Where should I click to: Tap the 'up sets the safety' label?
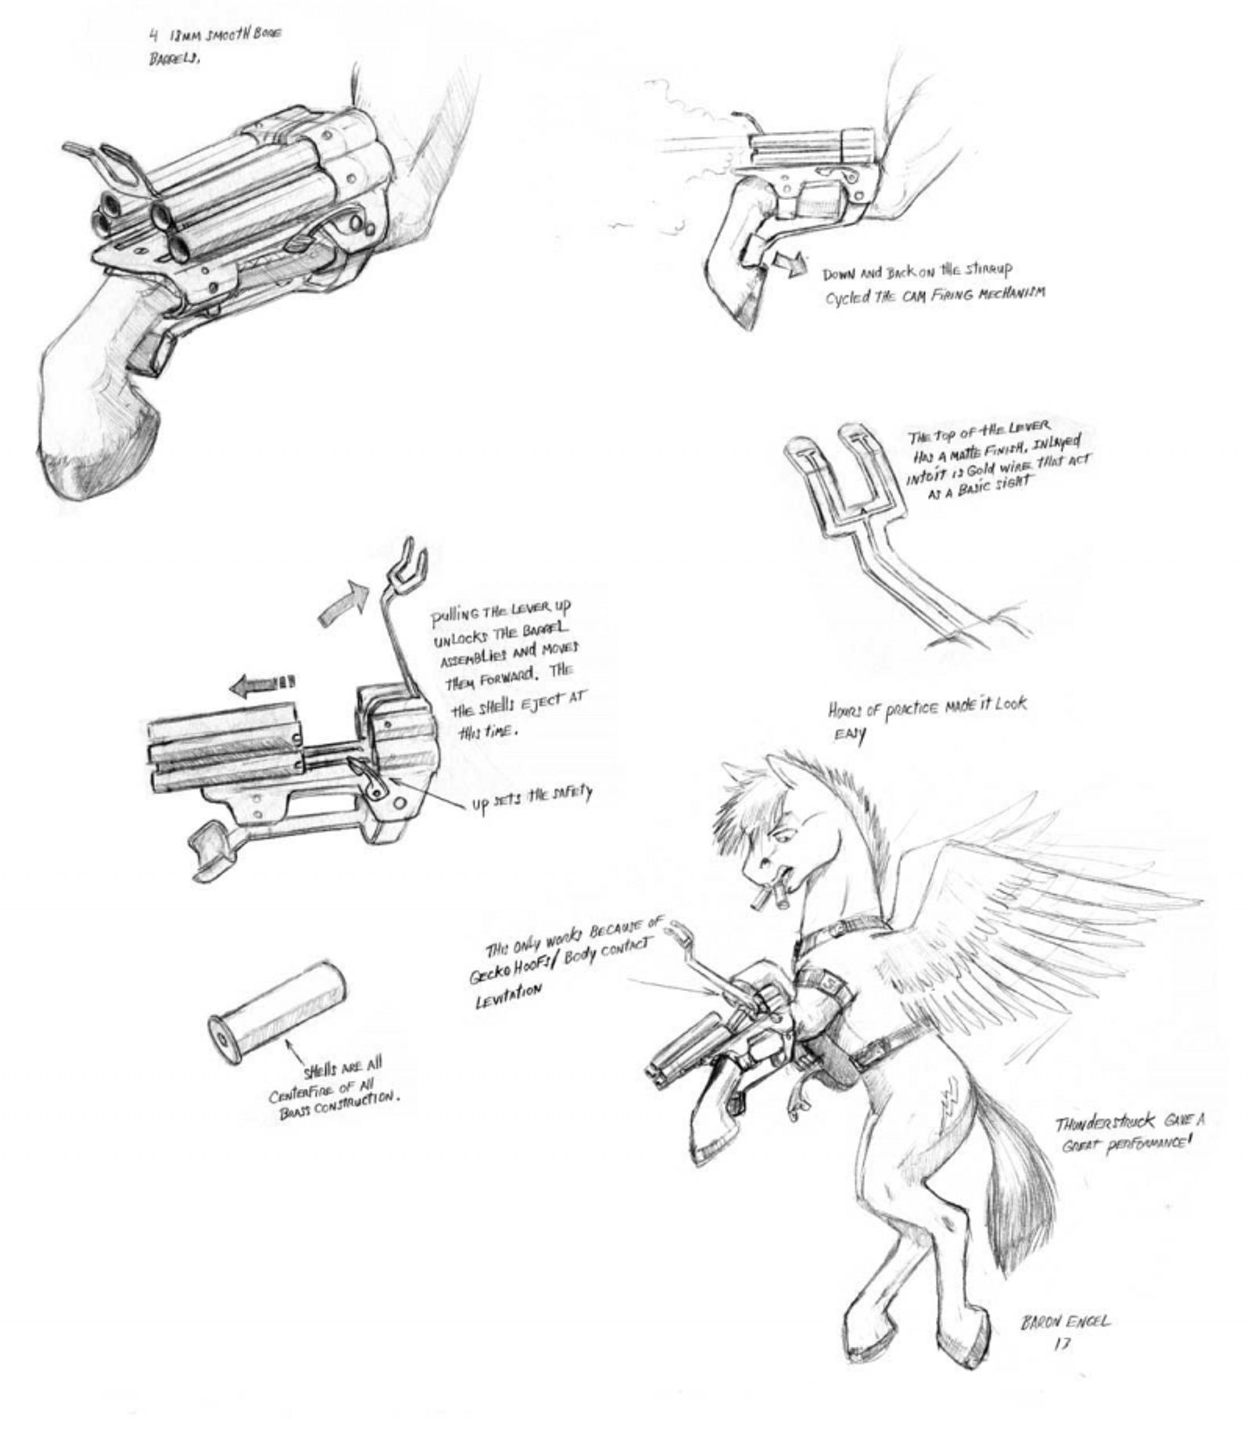(x=531, y=798)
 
